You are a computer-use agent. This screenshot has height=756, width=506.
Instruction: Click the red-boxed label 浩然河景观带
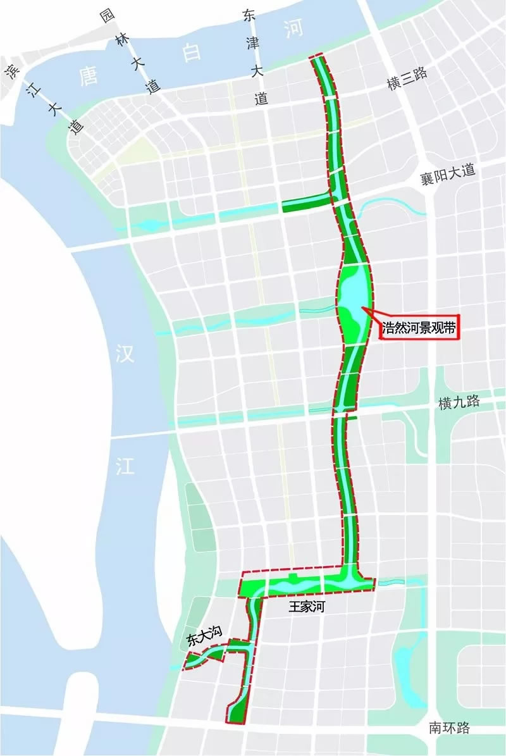[419, 328]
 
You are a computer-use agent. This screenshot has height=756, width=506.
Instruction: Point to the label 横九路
[459, 402]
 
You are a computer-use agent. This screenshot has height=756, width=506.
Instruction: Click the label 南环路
[448, 728]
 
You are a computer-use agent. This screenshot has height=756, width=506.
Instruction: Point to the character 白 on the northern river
[191, 51]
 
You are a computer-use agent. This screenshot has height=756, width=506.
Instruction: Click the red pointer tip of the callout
[363, 308]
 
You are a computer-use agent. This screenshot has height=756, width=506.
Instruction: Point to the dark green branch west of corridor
[305, 203]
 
